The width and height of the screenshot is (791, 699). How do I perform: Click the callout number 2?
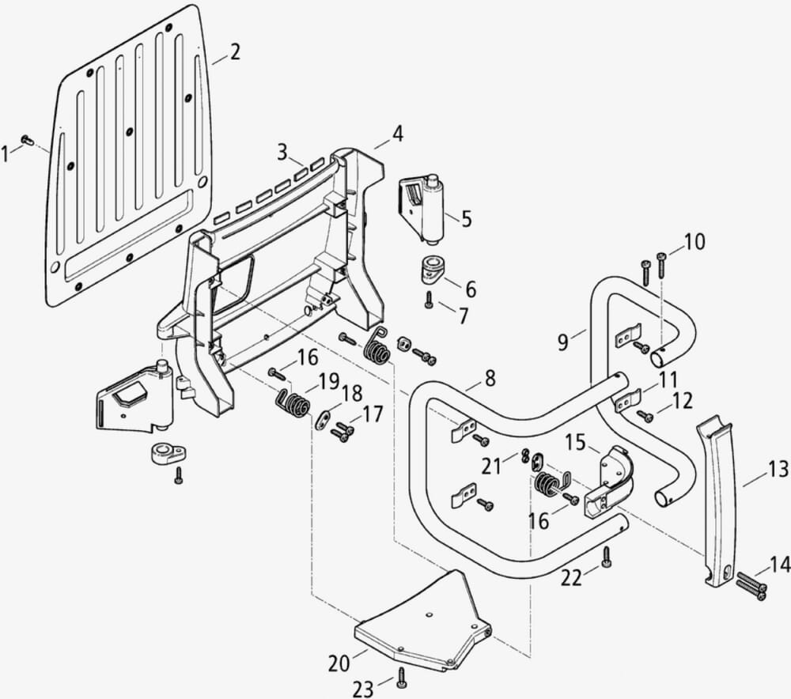click(235, 53)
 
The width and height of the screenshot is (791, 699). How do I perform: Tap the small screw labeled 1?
click(26, 140)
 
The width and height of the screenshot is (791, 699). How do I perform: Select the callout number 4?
click(397, 134)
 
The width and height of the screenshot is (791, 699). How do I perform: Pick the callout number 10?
click(694, 242)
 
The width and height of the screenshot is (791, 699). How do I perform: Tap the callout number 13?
click(778, 470)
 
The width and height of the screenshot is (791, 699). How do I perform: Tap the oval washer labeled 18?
click(324, 420)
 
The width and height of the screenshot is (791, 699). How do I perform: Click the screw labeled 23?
click(402, 676)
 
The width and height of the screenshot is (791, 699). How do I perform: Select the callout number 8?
click(490, 379)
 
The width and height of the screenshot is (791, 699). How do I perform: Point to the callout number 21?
click(492, 467)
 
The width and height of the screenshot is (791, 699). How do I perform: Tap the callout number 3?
click(282, 152)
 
